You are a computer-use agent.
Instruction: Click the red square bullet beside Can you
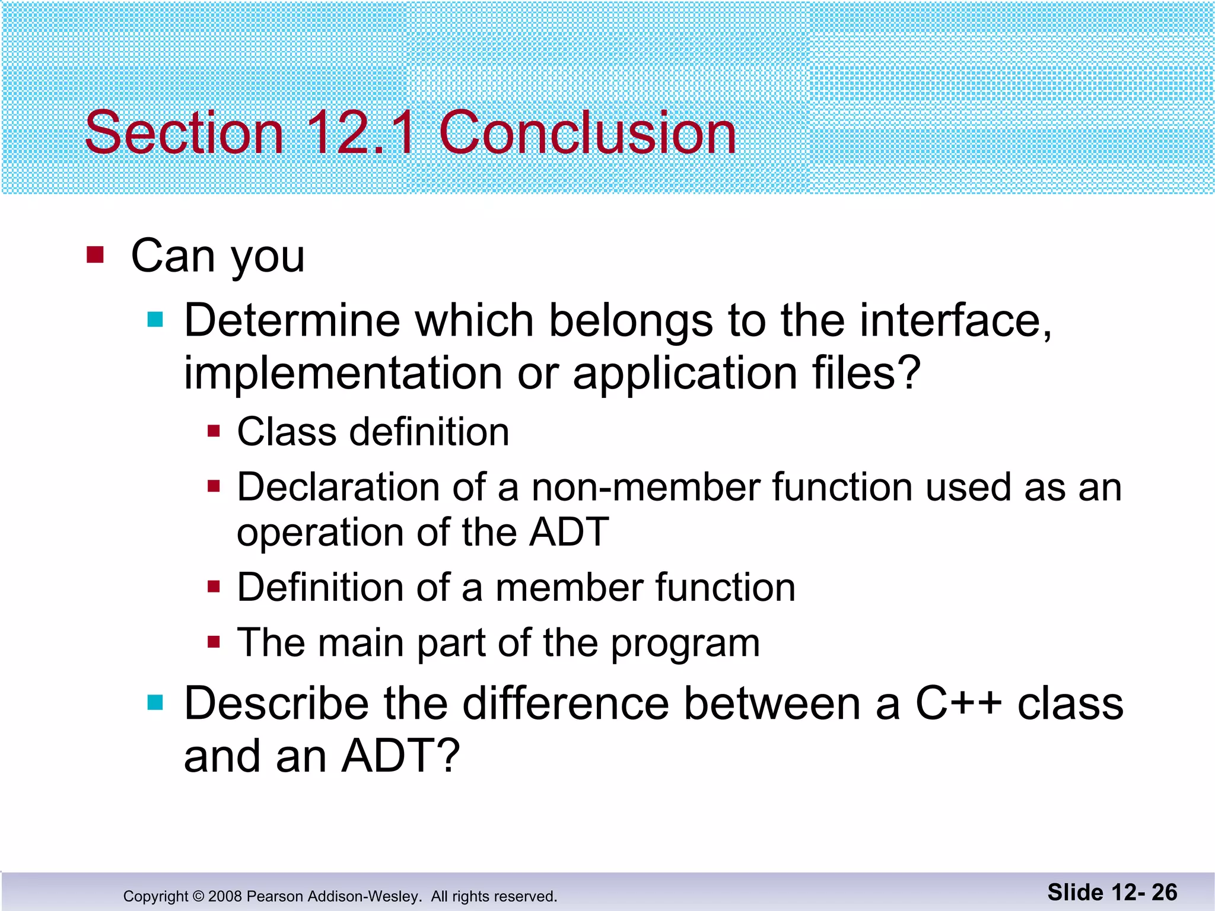coord(95,255)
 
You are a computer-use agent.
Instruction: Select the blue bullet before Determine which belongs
coord(155,320)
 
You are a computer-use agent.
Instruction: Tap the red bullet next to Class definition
coord(214,431)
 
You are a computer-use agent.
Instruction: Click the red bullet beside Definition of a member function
coord(214,587)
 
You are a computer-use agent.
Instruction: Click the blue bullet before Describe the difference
coord(155,703)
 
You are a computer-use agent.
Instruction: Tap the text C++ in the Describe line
coord(958,703)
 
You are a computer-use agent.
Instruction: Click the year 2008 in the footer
coord(225,896)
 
